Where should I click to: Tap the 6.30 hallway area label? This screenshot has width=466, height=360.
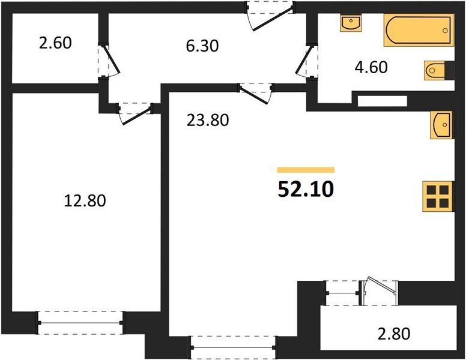point(201,46)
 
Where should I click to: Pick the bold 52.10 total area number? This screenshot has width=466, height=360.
point(306,190)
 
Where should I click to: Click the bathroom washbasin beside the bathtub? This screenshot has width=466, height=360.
point(349,24)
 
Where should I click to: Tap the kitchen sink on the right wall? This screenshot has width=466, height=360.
point(441,125)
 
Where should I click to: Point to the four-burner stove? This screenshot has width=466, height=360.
point(438,196)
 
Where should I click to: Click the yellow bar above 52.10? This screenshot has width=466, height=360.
point(306,170)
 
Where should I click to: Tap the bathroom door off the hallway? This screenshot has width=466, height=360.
point(304,60)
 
